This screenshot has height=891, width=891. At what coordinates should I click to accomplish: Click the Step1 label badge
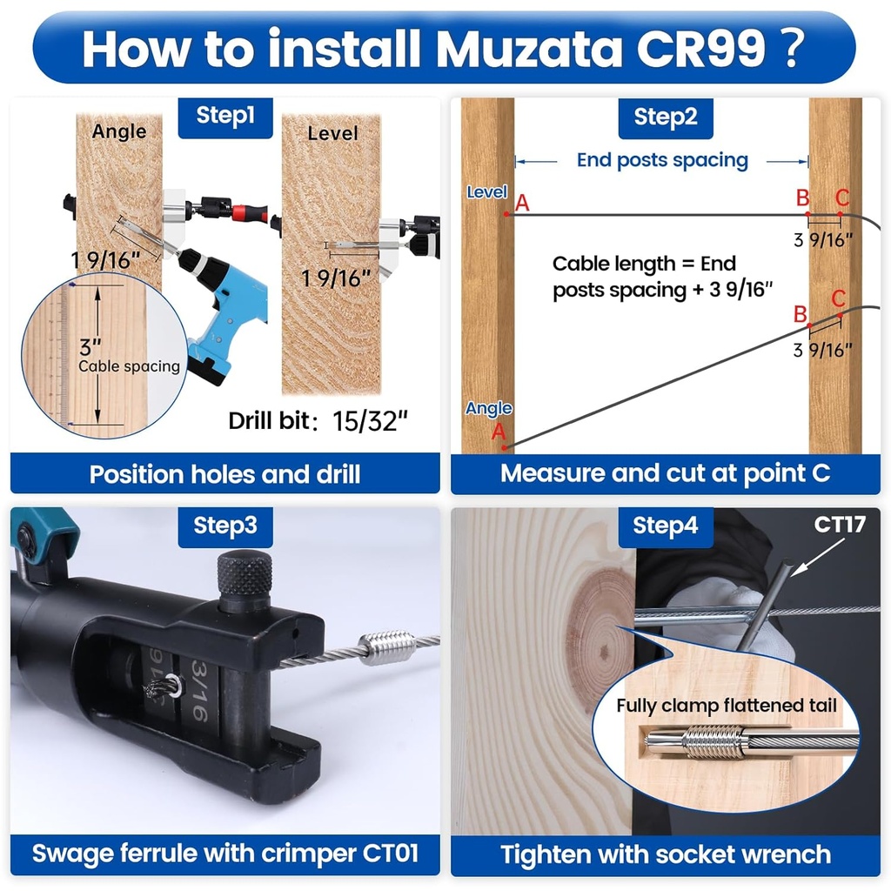coord(224,117)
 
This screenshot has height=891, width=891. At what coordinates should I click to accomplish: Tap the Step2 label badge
coord(666,117)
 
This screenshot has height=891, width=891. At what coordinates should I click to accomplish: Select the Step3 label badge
coord(224,526)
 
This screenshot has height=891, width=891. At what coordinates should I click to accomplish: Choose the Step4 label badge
coord(666,526)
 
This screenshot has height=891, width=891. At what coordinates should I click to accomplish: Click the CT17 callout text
coord(839,525)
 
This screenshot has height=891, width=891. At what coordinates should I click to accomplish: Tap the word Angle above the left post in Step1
coord(119,131)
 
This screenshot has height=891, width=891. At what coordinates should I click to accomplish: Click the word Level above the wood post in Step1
coord(332,133)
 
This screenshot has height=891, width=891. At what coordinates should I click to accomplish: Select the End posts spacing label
coord(662,160)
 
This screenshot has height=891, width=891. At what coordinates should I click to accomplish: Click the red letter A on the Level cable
coord(522,204)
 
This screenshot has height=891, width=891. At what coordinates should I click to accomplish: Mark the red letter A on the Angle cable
coord(499,432)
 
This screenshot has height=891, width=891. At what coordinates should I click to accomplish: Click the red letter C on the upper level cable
coord(841,198)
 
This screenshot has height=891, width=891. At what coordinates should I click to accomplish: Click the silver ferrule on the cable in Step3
coord(384,647)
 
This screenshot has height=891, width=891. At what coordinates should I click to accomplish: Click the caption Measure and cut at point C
coord(665,473)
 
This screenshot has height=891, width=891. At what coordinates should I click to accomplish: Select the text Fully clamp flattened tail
coord(727,705)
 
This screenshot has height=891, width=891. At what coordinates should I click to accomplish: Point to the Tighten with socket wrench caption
coord(666,854)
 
